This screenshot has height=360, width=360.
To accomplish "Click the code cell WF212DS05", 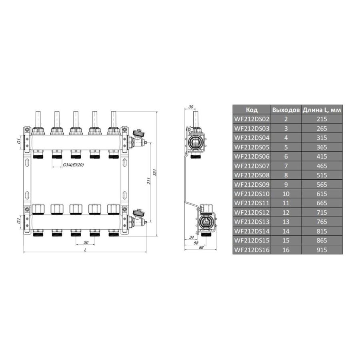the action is coord(252,147).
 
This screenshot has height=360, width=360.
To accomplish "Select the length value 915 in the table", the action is coord(322,250).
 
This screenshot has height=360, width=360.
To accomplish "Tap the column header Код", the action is coord(252,110).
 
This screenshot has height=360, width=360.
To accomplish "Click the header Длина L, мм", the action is coord(322,110).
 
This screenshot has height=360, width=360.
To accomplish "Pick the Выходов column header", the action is coord(286,110).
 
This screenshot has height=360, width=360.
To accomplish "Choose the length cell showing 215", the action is coord(322,119).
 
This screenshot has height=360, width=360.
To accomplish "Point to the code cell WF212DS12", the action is coord(252,212).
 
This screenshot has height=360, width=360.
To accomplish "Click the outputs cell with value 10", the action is coord(286,194).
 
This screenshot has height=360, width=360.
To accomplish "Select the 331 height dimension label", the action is coord(155,173).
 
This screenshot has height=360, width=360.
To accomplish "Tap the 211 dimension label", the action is coord(148,181).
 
